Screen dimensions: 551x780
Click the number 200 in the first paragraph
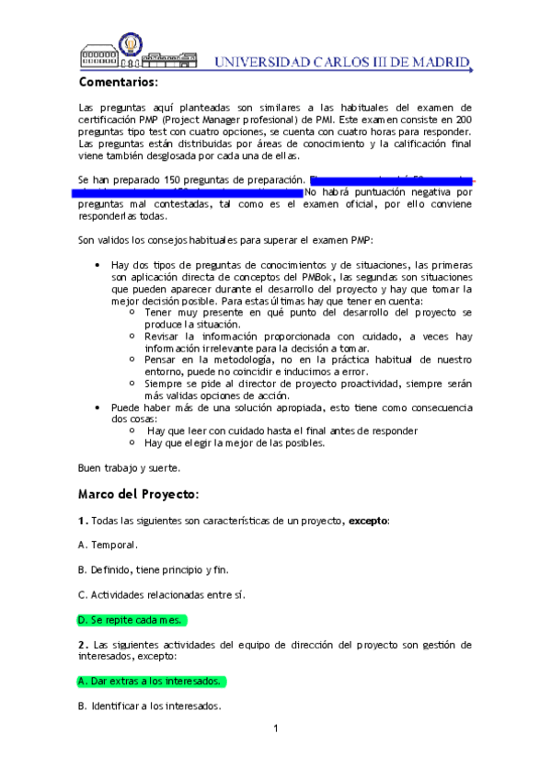coord(463,120)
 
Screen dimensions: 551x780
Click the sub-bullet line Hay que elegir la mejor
coord(235,442)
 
